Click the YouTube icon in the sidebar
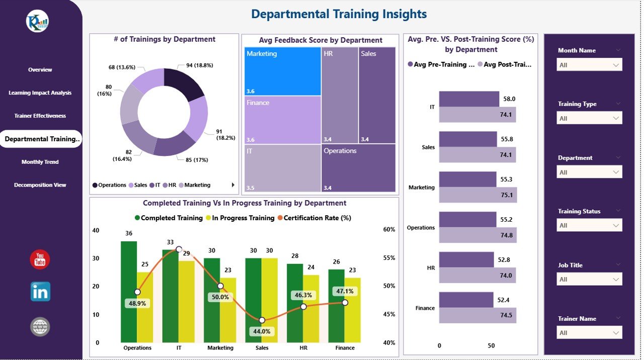click(40, 259)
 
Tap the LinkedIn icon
click(40, 292)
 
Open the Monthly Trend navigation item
click(40, 162)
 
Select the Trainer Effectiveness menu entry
click(40, 116)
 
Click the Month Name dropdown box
click(589, 65)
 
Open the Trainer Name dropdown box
click(589, 333)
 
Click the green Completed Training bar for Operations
click(128, 292)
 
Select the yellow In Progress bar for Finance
click(353, 310)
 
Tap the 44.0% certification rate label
click(262, 331)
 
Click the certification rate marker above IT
click(179, 249)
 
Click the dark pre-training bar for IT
click(469, 99)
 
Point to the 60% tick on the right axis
click(389, 229)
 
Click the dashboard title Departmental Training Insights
click(339, 14)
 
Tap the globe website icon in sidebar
click(40, 327)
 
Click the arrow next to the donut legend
click(233, 185)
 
